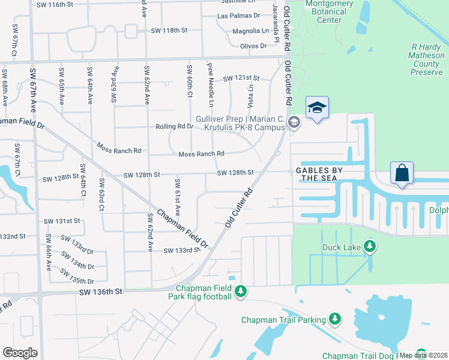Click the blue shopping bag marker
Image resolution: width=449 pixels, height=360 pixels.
[x=402, y=173]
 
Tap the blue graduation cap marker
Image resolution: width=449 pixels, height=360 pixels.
[x=317, y=108]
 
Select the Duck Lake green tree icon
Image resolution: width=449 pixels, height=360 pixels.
[x=370, y=245]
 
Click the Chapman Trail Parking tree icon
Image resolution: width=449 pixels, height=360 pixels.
[x=335, y=320]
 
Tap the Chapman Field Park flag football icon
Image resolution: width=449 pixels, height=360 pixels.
[x=241, y=291]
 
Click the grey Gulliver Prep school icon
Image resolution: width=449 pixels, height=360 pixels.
[x=294, y=123]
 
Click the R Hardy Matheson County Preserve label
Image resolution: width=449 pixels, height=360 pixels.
[x=427, y=59]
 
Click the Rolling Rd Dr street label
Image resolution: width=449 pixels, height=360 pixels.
[x=175, y=127]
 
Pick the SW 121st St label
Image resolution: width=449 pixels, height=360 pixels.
[x=241, y=79]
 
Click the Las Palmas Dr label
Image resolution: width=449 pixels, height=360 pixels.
[x=238, y=16]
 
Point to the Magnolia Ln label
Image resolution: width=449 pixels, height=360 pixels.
[x=250, y=31]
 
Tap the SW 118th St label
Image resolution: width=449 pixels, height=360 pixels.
[x=169, y=30]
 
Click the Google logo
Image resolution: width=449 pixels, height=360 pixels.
[x=20, y=353]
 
